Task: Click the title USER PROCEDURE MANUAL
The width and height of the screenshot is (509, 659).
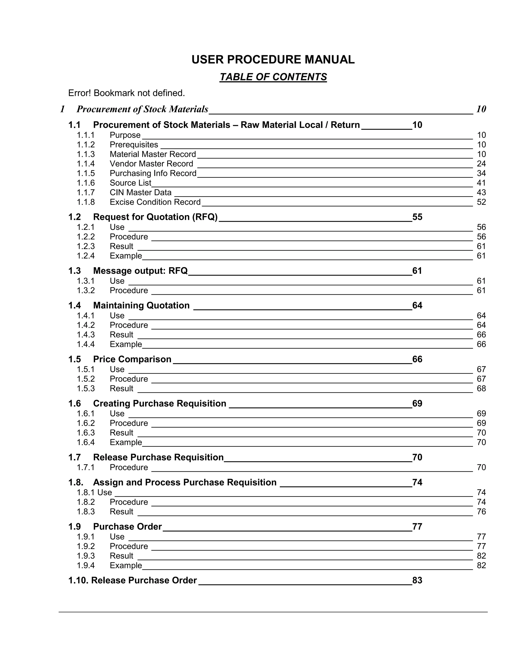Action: pyautogui.click(x=273, y=59)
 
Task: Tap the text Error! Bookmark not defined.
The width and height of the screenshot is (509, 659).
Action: pyautogui.click(x=126, y=93)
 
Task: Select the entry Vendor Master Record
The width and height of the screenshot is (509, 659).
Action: pyautogui.click(x=151, y=164)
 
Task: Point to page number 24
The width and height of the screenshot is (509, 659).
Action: pyautogui.click(x=481, y=164)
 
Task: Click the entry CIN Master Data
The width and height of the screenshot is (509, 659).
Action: pyautogui.click(x=140, y=192)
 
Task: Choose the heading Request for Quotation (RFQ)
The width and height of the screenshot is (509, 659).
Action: pyautogui.click(x=155, y=217)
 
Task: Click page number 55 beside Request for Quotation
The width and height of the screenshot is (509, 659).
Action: pyautogui.click(x=417, y=217)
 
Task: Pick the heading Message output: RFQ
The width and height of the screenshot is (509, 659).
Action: pyautogui.click(x=140, y=271)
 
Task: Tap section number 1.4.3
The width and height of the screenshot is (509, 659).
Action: pyautogui.click(x=86, y=335)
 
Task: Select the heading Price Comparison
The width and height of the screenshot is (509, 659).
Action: pyautogui.click(x=132, y=359)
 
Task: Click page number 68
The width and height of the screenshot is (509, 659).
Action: pyautogui.click(x=481, y=388)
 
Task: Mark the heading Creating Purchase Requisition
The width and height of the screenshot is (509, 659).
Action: pyautogui.click(x=160, y=403)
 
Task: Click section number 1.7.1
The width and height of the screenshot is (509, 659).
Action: pyautogui.click(x=86, y=468)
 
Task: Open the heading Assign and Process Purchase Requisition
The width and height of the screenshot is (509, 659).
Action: pyautogui.click(x=185, y=482)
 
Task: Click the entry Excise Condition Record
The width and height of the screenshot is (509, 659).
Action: pyautogui.click(x=155, y=202)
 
